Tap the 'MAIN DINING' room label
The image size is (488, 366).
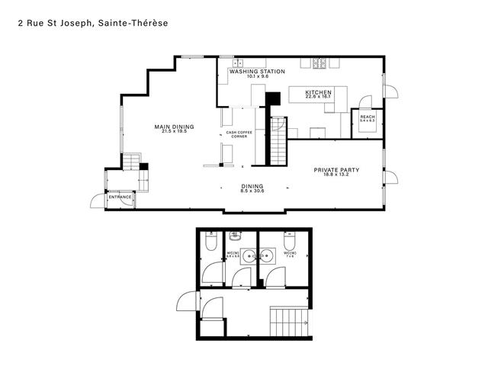tap(174, 127)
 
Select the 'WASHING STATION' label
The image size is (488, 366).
tap(257, 72)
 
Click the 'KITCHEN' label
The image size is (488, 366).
tap(319, 92)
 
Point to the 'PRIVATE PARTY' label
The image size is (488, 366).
tap(336, 170)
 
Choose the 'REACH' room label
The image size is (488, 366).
tap(368, 117)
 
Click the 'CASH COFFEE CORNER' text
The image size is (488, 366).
tap(239, 134)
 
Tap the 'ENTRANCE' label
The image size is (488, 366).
tap(120, 197)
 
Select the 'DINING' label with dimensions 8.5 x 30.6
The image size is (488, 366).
tap(252, 187)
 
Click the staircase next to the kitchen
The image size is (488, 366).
tap(278, 140)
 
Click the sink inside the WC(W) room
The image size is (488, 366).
tap(266, 255)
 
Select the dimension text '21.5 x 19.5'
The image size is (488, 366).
tap(174, 132)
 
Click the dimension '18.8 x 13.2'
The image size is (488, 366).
tap(336, 175)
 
